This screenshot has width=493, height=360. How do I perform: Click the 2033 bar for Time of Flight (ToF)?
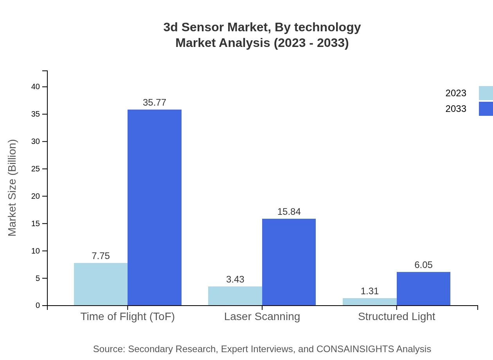tap(155, 207)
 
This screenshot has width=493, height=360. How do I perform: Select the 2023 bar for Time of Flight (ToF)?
tap(101, 284)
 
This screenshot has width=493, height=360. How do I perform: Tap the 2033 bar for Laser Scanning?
tap(289, 262)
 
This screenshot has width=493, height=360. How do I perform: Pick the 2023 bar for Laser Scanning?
tap(235, 296)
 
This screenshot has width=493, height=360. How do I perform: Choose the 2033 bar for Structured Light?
tap(423, 289)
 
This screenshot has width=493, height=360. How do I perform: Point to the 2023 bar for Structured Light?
tap(369, 302)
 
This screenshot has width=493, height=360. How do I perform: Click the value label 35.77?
tap(155, 103)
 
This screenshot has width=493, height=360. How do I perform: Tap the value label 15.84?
tap(289, 212)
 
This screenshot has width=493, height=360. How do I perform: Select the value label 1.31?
tap(369, 291)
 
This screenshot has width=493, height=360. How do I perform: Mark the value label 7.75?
tap(101, 256)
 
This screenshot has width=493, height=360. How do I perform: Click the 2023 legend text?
tap(456, 93)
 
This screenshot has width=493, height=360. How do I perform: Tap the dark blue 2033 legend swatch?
tap(486, 109)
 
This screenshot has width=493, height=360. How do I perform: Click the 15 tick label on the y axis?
tap(36, 223)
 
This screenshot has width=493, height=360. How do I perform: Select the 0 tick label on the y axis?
tap(38, 305)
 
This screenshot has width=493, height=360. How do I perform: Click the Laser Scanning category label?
tap(262, 316)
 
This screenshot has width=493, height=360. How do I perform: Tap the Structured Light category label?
tap(396, 316)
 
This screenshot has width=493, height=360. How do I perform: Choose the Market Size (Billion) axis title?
tap(12, 188)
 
